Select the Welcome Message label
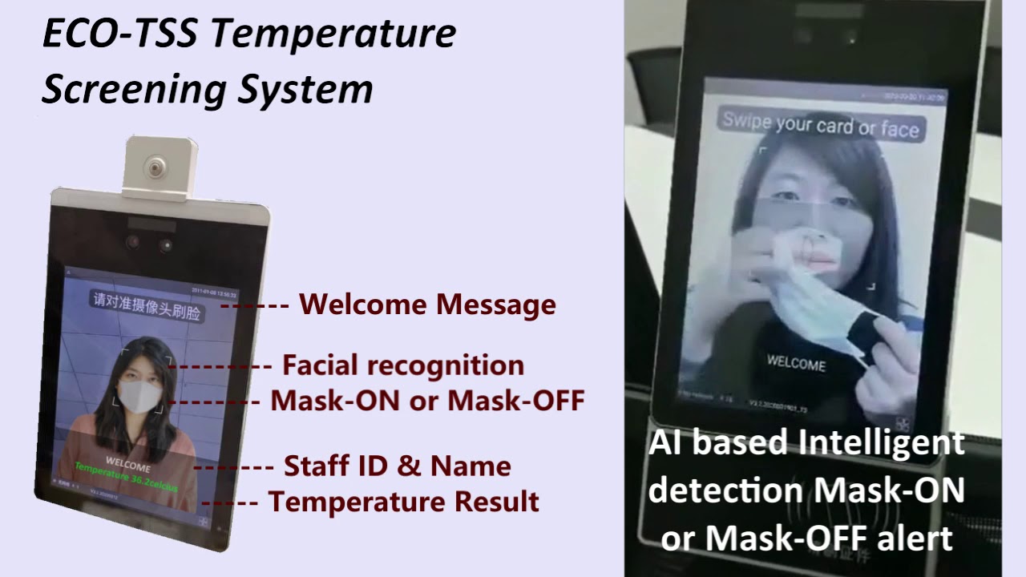427,305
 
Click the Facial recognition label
403,365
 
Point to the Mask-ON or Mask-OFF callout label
427,400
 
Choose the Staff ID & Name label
398,466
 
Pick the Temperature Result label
403,502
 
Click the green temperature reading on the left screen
126,478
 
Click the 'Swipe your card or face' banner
820,124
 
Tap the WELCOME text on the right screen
795,363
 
